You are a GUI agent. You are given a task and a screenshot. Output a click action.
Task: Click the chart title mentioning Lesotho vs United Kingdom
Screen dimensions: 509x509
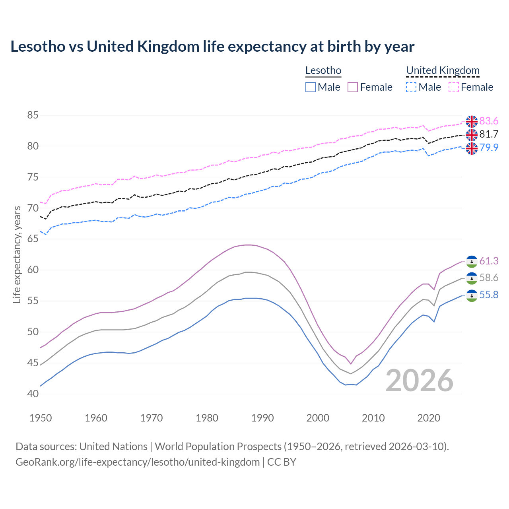tap(212, 47)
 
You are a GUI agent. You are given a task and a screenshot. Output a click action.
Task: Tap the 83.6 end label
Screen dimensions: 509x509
tap(489, 121)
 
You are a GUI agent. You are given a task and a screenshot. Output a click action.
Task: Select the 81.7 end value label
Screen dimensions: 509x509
tap(489, 134)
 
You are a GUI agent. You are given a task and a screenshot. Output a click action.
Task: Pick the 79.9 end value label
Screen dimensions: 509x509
tap(489, 148)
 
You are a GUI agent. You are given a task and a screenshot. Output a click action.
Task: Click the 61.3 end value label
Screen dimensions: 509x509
tap(489, 261)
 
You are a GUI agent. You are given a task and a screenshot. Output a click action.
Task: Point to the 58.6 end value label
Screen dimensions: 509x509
tap(489, 278)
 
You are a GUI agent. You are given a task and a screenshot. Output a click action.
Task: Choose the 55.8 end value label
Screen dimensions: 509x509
tap(489, 295)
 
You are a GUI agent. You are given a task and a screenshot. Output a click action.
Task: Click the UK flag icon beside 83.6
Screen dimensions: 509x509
tap(472, 121)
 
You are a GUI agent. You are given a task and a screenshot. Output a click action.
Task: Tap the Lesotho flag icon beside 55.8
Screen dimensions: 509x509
tap(472, 295)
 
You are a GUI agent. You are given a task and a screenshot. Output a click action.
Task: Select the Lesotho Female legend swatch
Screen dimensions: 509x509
tap(353, 87)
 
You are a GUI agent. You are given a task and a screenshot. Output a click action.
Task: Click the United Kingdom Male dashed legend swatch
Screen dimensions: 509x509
tap(411, 87)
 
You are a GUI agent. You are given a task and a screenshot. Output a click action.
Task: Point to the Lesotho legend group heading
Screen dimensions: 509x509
tap(323, 71)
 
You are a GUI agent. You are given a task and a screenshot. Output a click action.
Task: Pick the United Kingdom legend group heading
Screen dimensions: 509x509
tap(443, 71)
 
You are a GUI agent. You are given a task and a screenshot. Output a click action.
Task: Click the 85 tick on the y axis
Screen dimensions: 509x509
tap(33, 115)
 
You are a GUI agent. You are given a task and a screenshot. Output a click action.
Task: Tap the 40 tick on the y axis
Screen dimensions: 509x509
tap(33, 394)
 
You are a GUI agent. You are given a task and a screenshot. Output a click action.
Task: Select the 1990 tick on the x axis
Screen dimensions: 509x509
tap(262, 418)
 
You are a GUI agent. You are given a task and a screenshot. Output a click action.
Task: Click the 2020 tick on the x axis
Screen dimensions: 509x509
tap(429, 418)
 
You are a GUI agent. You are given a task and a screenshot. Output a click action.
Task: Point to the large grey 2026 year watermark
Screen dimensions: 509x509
tap(420, 381)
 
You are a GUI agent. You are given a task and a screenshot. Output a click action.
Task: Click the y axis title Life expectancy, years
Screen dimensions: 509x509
tap(17, 254)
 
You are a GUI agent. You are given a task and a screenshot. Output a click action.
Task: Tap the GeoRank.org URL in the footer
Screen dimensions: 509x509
tap(138, 462)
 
